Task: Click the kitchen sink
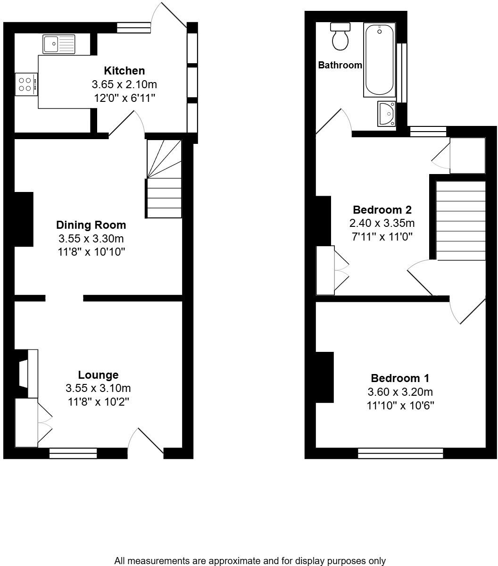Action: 58,44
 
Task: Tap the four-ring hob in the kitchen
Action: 25,84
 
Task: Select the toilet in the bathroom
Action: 340,37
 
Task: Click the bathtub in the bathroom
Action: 379,61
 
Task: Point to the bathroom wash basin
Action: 387,113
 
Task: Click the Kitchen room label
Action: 124,71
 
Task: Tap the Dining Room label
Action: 91,225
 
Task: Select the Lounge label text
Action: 98,375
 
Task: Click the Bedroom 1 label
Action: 400,378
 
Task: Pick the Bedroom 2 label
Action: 382,209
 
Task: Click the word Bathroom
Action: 340,66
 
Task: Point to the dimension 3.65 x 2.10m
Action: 124,85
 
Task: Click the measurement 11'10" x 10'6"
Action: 400,405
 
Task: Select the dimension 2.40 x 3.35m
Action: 382,223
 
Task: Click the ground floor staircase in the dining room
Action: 164,179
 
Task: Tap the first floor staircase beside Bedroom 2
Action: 461,220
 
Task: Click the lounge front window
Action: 73,454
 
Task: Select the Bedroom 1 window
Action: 400,454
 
